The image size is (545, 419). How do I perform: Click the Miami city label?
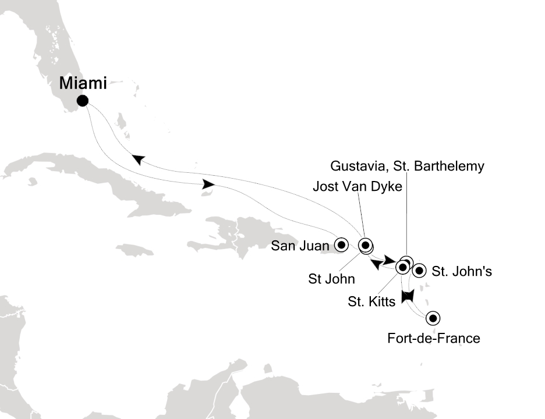[x=83, y=83]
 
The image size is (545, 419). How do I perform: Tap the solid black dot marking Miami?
[x=83, y=101]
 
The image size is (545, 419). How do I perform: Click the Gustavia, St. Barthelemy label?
[x=407, y=166]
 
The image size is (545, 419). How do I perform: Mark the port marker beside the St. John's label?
[x=419, y=271]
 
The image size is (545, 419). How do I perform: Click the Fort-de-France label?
[x=434, y=338]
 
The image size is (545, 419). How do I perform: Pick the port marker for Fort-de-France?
[x=433, y=318]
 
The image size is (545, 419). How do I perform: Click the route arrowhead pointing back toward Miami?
[x=138, y=159]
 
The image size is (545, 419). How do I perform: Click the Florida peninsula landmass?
[x=61, y=52]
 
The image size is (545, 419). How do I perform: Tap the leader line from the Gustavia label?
[x=406, y=215]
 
